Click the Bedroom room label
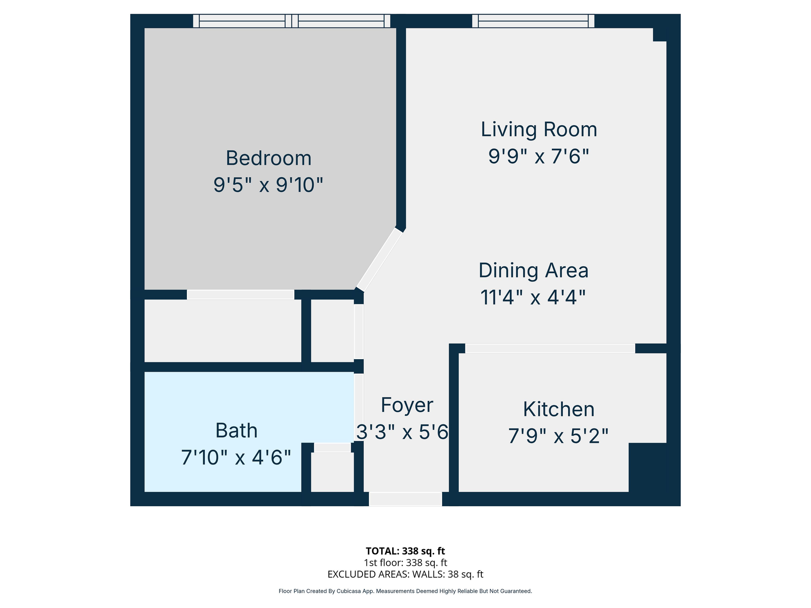click(268, 158)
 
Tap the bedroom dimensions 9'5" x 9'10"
click(268, 185)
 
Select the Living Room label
click(539, 130)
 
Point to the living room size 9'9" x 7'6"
click(539, 156)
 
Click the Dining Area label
click(534, 270)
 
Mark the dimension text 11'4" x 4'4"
click(533, 297)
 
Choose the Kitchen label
click(559, 409)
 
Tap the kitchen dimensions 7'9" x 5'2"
click(558, 436)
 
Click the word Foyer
click(407, 405)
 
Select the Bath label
click(236, 430)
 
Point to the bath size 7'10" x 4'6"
click(236, 458)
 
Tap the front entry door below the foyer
click(405, 499)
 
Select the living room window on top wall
click(533, 21)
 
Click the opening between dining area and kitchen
click(550, 348)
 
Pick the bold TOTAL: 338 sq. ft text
click(405, 551)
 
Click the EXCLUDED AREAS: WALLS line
click(405, 574)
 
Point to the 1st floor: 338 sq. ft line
click(405, 563)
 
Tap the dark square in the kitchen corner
click(648, 467)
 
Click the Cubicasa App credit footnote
click(405, 591)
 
